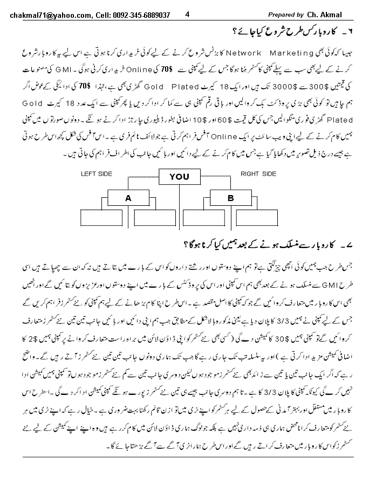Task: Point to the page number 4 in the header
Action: point(187,15)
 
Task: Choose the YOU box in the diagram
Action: point(179,176)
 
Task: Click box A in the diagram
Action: point(128,198)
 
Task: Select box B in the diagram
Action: point(230,198)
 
